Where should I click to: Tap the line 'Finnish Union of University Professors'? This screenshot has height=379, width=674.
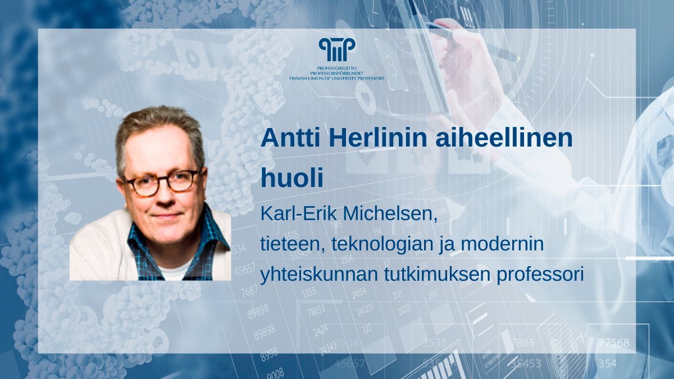[336, 79]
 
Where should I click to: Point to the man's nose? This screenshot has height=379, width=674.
[163, 197]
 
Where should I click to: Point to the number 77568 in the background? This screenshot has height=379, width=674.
[614, 343]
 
